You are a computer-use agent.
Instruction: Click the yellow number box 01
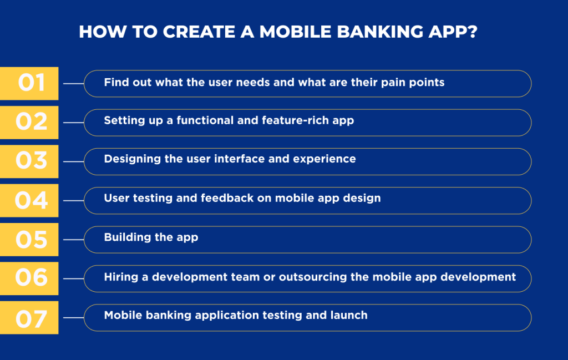pyautogui.click(x=29, y=83)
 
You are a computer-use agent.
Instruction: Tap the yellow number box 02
pyautogui.click(x=29, y=123)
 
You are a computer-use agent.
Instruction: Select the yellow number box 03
pyautogui.click(x=29, y=161)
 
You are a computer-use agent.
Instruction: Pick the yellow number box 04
pyautogui.click(x=29, y=200)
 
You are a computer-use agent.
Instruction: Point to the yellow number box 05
pyautogui.click(x=29, y=240)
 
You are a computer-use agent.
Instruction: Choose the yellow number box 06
pyautogui.click(x=29, y=278)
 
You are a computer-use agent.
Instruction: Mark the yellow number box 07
pyautogui.click(x=29, y=318)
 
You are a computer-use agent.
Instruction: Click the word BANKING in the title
pyautogui.click(x=380, y=32)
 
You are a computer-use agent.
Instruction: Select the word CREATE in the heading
pyautogui.click(x=199, y=32)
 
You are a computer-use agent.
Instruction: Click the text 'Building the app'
pyautogui.click(x=151, y=237)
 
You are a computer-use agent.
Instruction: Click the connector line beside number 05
pyautogui.click(x=74, y=240)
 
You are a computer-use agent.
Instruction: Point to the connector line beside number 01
pyautogui.click(x=74, y=83)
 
